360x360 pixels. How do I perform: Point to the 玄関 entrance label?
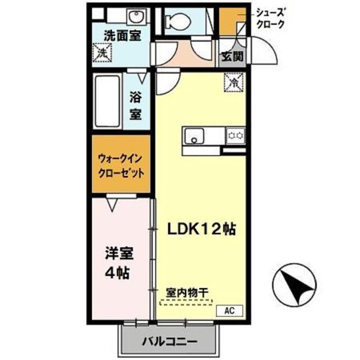232,56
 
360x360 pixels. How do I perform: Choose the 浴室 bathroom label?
136,106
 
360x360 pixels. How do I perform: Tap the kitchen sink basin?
195,135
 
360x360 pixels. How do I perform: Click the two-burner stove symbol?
236,135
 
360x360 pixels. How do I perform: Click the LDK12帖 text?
200,229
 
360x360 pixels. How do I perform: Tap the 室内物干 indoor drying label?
187,293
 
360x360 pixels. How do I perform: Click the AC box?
230,309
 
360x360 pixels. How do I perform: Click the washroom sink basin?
135,15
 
